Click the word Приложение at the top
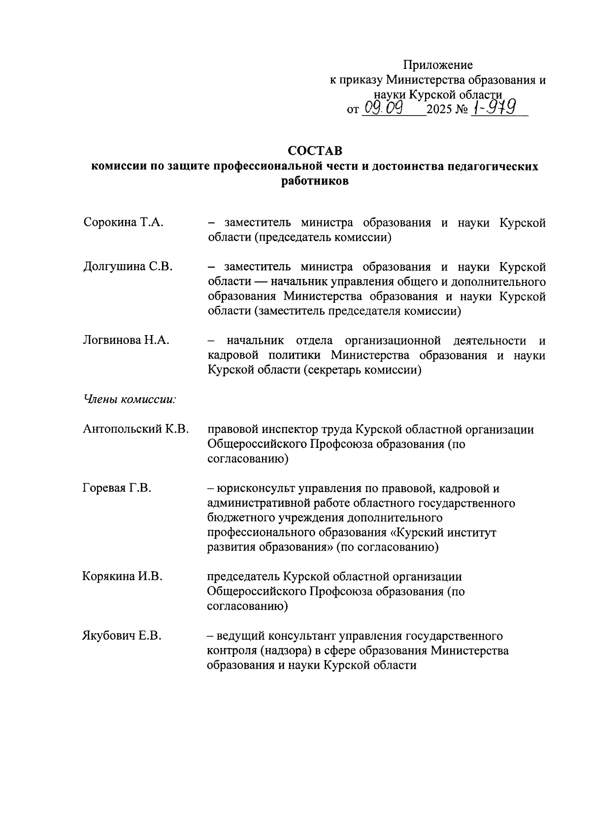(x=438, y=65)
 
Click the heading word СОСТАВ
(x=315, y=150)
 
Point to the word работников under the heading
(x=315, y=182)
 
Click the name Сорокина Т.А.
(x=123, y=223)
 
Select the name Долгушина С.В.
(x=128, y=267)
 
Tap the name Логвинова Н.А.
(x=126, y=340)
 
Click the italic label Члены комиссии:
(x=130, y=400)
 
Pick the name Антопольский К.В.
(x=136, y=430)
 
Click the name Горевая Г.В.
(x=117, y=488)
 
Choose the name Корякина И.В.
(x=122, y=577)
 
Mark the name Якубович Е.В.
(x=122, y=636)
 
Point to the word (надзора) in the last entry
(x=280, y=651)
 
